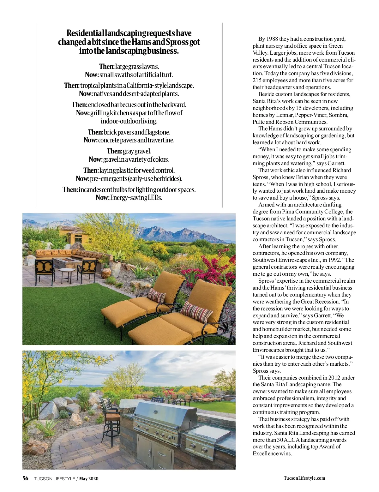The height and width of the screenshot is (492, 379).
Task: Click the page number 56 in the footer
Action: tap(25, 478)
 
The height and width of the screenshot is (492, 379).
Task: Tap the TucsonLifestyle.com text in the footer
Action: tap(304, 478)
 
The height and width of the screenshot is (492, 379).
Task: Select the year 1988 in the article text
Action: tap(272, 39)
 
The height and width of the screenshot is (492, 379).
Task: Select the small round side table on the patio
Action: tap(67, 274)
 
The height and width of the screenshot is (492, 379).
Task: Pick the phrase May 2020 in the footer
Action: tap(89, 478)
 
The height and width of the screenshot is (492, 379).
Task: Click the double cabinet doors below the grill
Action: tap(155, 452)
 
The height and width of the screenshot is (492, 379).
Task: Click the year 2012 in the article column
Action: tap(334, 378)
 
